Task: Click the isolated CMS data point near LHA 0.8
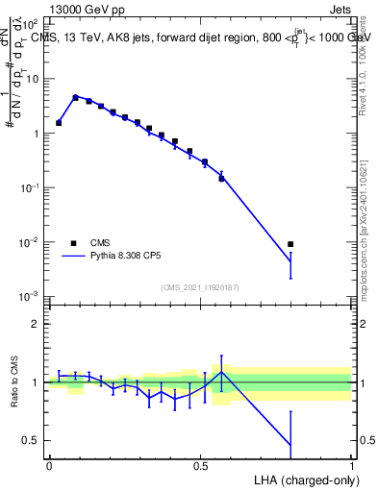(290, 244)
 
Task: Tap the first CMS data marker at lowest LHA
(60, 123)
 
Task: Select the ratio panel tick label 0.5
(31, 440)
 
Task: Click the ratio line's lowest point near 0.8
(290, 446)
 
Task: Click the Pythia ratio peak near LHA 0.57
(222, 372)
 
